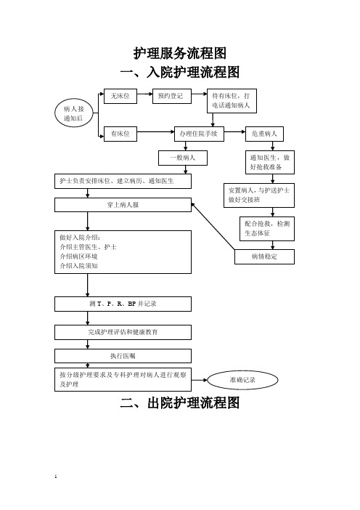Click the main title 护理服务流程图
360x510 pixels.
(x=180, y=53)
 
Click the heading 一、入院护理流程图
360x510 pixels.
(x=180, y=72)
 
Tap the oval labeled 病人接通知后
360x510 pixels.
(x=74, y=113)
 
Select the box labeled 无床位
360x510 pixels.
(x=120, y=96)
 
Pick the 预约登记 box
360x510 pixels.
(x=172, y=96)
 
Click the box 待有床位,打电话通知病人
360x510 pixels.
(x=232, y=101)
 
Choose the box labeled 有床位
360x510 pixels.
(x=120, y=134)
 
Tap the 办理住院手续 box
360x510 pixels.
(x=199, y=134)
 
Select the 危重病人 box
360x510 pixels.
(x=264, y=134)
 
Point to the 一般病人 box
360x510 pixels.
(x=183, y=158)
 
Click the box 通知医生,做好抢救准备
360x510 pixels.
(x=270, y=162)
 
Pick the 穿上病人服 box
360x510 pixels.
(x=123, y=205)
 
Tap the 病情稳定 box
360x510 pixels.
(x=264, y=256)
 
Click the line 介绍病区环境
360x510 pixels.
(x=78, y=256)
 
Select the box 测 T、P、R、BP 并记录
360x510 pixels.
(x=123, y=304)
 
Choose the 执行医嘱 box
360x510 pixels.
(x=123, y=356)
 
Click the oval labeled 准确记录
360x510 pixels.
(x=242, y=380)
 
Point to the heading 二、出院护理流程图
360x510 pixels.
(x=180, y=402)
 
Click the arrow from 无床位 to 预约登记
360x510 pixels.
(x=144, y=94)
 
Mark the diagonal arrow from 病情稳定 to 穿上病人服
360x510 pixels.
(x=213, y=227)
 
